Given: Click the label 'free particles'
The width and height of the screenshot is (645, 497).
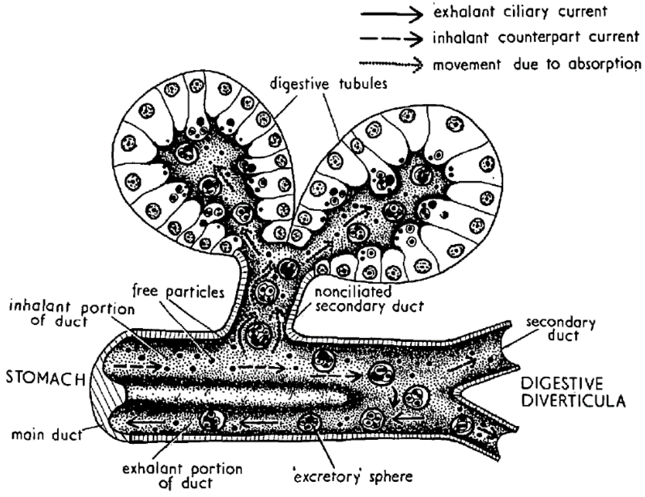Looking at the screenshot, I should pos(178,292).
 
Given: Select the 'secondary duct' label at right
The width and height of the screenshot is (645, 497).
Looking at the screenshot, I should pos(561,329).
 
